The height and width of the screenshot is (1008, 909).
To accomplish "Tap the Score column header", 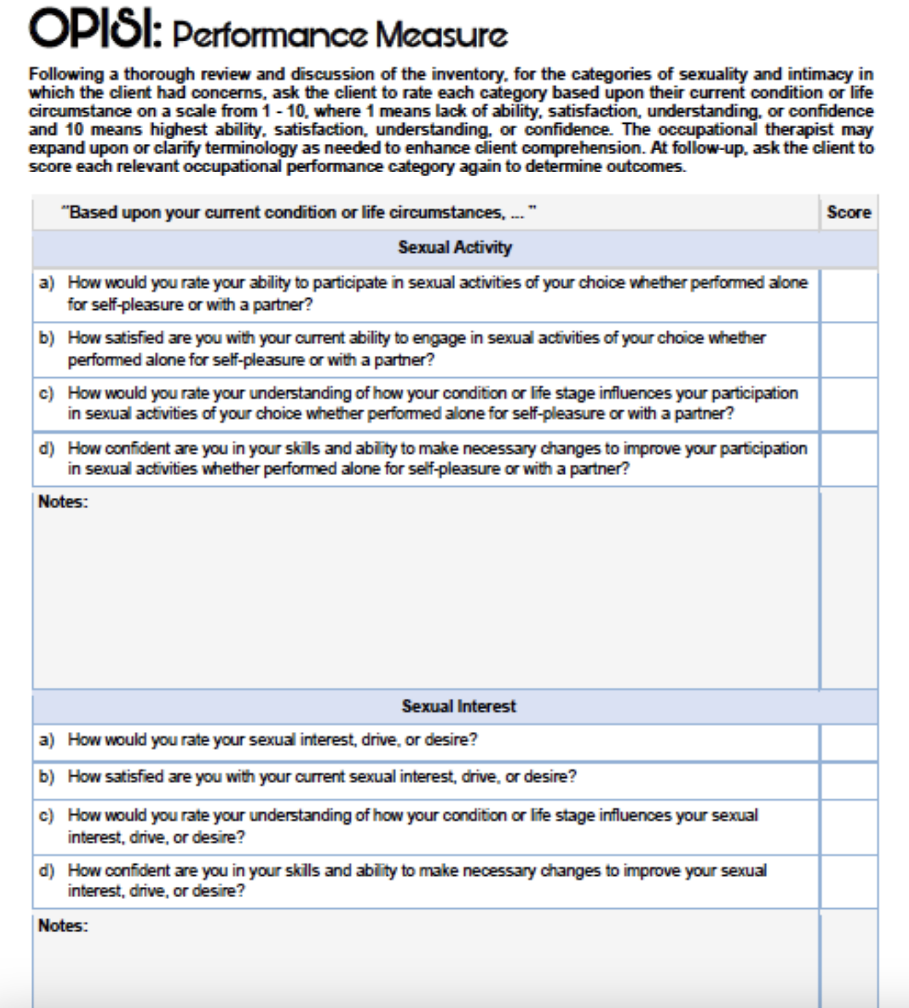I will [848, 212].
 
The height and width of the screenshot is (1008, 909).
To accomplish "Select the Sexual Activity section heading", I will [454, 248].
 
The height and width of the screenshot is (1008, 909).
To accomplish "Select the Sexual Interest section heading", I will [459, 706].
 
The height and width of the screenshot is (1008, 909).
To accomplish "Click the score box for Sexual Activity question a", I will [848, 295].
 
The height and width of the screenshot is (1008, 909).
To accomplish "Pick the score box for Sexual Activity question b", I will [848, 350].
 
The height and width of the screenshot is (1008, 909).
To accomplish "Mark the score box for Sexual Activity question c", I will [848, 404].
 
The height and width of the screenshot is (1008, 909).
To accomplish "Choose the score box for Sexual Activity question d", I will [848, 459].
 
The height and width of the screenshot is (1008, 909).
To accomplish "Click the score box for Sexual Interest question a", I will [848, 742].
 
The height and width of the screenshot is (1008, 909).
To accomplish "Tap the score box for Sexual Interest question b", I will [848, 779].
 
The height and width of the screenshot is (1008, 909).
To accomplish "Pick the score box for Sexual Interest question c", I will [848, 826].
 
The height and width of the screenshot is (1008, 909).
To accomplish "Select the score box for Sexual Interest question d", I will [848, 881].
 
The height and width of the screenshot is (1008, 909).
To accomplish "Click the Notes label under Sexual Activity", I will [63, 502].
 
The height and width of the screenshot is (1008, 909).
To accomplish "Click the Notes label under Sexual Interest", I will [63, 926].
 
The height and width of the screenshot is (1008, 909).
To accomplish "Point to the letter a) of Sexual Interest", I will [46, 740].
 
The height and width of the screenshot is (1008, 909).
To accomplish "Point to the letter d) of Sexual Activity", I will [46, 449].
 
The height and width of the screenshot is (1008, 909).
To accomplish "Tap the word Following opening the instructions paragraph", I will [66, 74].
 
